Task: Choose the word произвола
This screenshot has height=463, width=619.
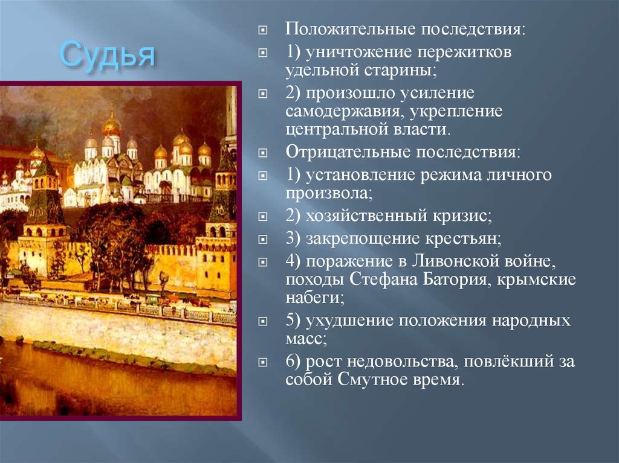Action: [327, 194]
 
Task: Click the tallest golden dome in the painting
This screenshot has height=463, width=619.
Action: [111, 125]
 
